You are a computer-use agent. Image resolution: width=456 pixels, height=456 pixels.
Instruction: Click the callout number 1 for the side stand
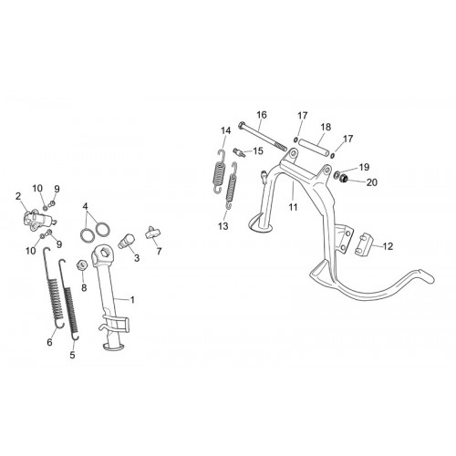click(132, 300)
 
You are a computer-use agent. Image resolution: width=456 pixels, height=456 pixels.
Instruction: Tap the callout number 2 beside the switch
click(18, 196)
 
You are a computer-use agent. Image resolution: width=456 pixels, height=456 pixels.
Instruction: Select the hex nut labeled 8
click(82, 265)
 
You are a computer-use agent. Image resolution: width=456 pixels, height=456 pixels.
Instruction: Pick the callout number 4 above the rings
click(85, 207)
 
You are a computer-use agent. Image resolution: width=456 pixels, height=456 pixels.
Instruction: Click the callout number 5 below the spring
click(72, 355)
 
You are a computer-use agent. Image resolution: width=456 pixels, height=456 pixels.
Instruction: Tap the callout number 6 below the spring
click(49, 342)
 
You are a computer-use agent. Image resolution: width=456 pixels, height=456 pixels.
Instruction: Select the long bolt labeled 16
click(263, 136)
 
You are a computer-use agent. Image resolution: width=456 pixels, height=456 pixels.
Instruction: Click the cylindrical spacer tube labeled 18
click(314, 147)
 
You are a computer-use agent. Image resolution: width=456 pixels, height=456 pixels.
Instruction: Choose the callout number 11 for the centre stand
click(293, 207)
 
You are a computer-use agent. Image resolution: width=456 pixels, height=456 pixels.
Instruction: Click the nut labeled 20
click(344, 179)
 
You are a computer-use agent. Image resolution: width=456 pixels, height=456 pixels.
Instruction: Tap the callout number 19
click(364, 167)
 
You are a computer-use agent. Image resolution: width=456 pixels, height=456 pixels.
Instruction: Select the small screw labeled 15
click(239, 151)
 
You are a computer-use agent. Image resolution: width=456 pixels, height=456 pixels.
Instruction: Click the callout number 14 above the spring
click(226, 130)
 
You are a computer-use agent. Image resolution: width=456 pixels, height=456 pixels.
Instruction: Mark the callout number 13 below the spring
click(223, 226)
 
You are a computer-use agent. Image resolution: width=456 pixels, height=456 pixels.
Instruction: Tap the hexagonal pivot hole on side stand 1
click(105, 253)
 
